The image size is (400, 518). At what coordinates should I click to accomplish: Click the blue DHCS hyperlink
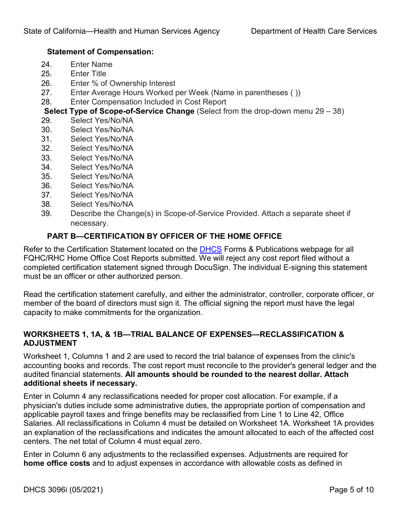210,249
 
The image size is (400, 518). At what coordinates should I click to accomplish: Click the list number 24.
46,64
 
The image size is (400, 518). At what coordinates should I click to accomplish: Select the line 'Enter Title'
88,74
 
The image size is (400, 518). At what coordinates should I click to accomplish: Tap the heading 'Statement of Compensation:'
100,52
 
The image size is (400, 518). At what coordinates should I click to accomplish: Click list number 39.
46,214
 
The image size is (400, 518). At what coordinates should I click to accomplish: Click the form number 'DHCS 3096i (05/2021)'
63,490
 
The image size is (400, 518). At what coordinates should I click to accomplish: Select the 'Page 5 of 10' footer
351,490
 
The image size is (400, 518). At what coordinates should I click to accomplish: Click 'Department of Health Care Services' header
314,31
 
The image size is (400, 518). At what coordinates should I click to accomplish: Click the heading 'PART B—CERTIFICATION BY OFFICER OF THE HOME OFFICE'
164,236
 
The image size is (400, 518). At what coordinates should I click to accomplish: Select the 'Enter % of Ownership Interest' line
123,83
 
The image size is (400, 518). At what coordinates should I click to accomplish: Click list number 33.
46,158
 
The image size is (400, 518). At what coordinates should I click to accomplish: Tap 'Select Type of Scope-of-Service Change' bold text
119,111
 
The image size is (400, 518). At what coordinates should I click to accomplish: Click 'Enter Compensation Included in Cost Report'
148,102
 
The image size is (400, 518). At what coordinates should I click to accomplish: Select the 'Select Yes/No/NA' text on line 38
102,204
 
